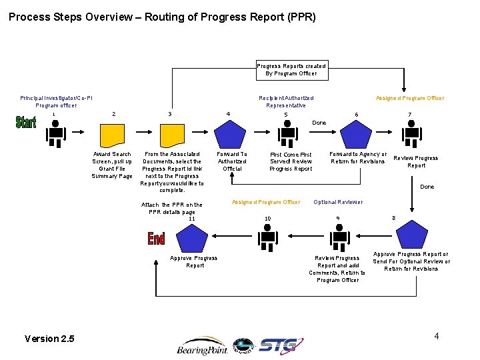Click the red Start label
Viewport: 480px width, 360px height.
pyautogui.click(x=26, y=123)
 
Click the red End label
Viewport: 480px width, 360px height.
pyautogui.click(x=156, y=238)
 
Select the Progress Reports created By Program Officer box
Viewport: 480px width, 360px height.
pyautogui.click(x=292, y=70)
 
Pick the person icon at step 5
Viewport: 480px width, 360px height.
pyautogui.click(x=287, y=136)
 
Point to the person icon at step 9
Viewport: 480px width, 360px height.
pyautogui.click(x=340, y=236)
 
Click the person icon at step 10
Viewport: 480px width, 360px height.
pyautogui.click(x=268, y=236)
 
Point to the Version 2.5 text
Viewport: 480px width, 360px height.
pyautogui.click(x=49, y=339)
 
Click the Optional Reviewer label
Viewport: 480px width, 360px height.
pyautogui.click(x=338, y=202)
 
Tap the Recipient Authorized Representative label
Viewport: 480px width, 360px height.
pyautogui.click(x=286, y=101)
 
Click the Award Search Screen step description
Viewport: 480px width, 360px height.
pyautogui.click(x=112, y=165)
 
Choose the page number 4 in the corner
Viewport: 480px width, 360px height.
pyautogui.click(x=436, y=336)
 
